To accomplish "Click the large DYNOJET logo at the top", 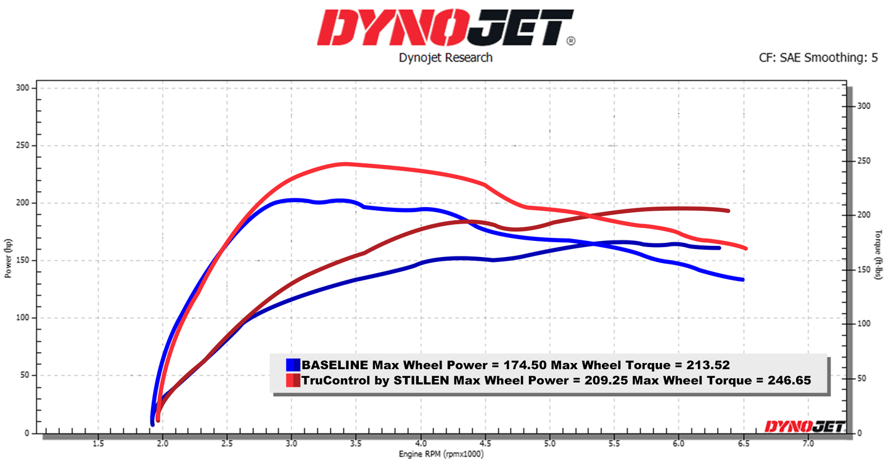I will pos(445,28).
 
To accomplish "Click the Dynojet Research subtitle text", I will pos(445,58).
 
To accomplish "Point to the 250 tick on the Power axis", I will pos(23,146).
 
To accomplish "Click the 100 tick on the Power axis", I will pos(23,318).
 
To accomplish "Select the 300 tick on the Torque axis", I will pos(863,106).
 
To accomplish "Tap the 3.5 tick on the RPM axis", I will pos(356,443).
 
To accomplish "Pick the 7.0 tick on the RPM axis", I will pos(808,443).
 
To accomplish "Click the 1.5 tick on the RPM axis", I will pos(97,443).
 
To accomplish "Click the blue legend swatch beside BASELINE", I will pos(294,364).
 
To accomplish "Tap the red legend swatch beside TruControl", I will pos(294,380).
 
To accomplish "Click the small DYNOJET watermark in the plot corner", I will pos(804,426).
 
